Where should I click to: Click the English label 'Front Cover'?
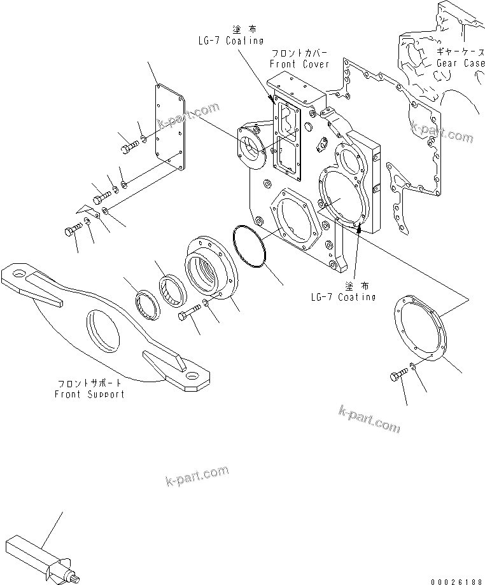coord(299,64)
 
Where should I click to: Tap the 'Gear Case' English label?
coord(460,63)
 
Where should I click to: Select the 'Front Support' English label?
coord(90,394)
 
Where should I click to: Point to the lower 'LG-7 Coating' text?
coord(343,297)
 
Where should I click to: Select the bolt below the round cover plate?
coord(397,378)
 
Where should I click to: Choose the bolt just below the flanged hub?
coord(191,312)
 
